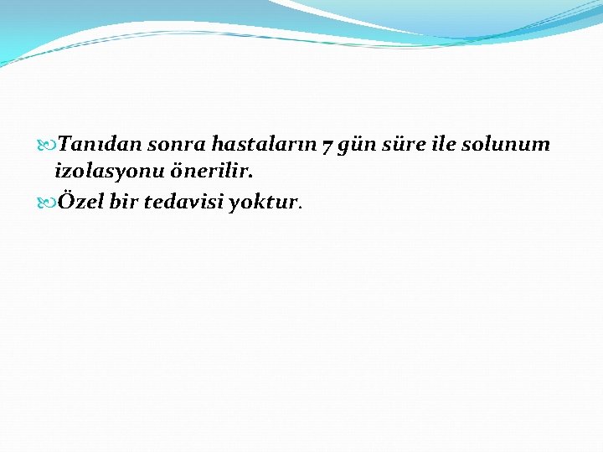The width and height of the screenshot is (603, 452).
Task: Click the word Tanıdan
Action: click(x=100, y=144)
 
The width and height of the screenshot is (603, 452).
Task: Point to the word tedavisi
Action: click(x=184, y=202)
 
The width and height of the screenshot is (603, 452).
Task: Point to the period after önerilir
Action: click(x=250, y=177)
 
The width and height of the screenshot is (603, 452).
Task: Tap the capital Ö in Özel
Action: click(x=65, y=201)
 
